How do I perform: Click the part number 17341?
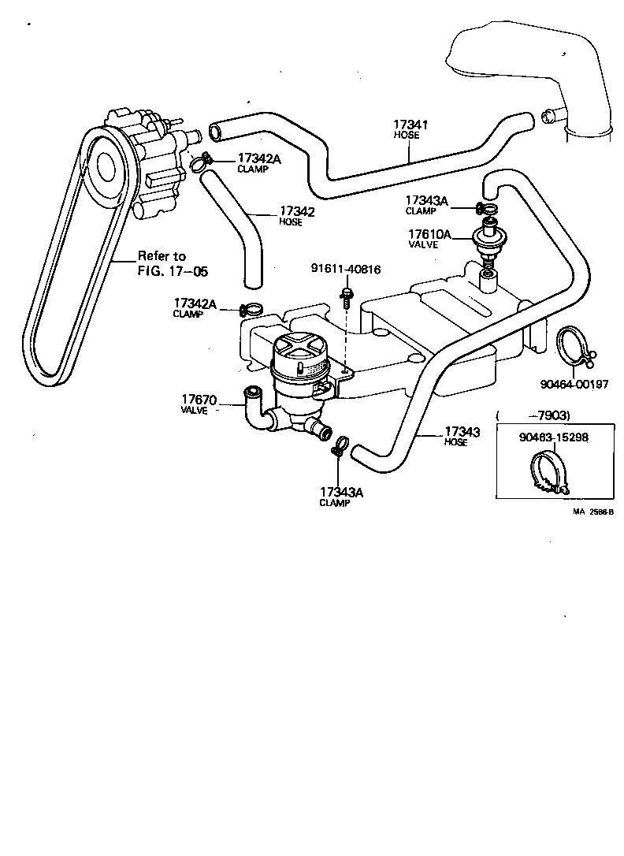click(410, 125)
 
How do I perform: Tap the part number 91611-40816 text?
click(345, 270)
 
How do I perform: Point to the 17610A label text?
click(429, 234)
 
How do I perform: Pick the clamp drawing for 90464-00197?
click(572, 348)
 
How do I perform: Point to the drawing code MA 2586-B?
click(592, 512)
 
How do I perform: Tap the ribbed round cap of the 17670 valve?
click(298, 348)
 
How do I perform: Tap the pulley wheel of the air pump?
click(103, 165)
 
